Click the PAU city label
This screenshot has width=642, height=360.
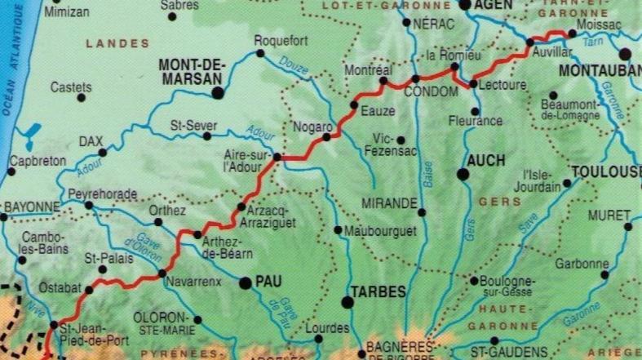[268, 282]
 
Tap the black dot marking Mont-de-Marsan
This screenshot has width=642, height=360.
[218, 93]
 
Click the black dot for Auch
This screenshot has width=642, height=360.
[463, 174]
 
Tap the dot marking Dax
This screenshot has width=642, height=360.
[103, 153]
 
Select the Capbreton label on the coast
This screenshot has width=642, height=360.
[37, 161]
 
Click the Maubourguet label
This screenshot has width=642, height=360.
[381, 231]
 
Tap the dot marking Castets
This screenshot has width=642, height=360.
[82, 98]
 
